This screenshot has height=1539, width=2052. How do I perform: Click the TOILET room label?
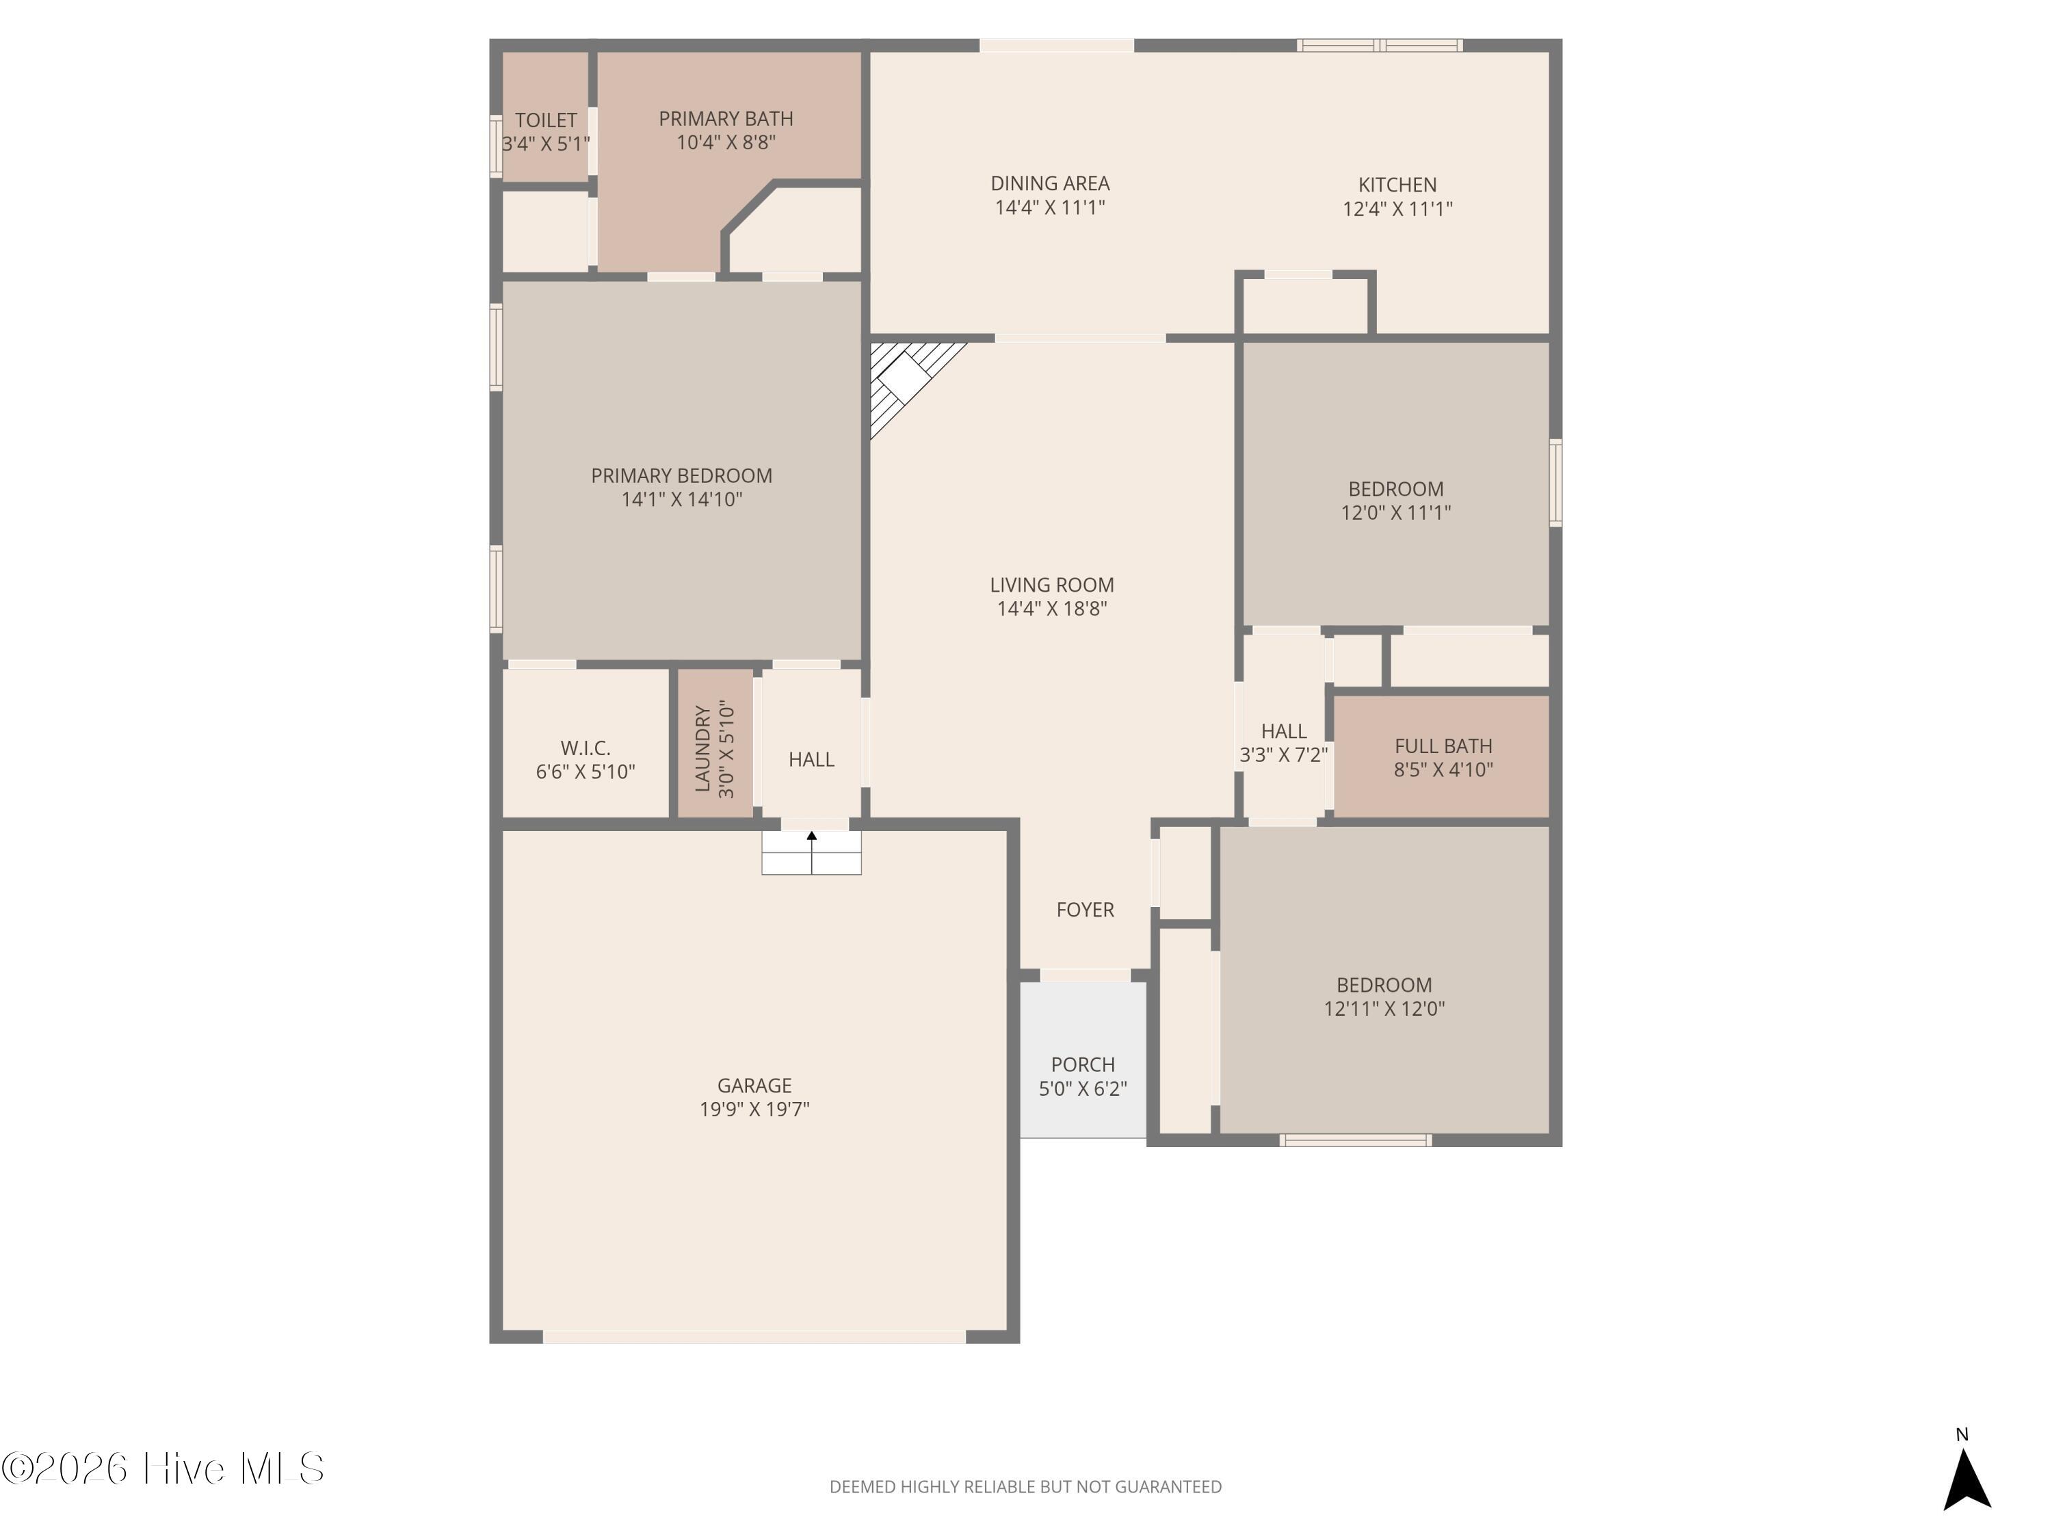pyautogui.click(x=545, y=120)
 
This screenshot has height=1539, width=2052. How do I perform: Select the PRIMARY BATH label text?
pyautogui.click(x=726, y=119)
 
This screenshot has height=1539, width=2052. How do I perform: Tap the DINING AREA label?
pyautogui.click(x=1050, y=184)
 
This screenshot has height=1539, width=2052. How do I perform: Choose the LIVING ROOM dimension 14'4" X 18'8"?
pyautogui.click(x=1052, y=609)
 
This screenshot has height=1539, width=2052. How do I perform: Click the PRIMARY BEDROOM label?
pyautogui.click(x=682, y=476)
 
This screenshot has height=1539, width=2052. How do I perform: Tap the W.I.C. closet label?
pyautogui.click(x=586, y=748)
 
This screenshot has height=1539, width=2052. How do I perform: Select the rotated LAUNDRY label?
pyautogui.click(x=702, y=748)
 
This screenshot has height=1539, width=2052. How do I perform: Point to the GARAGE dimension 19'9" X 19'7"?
pyautogui.click(x=754, y=1109)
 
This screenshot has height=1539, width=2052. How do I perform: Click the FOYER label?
pyautogui.click(x=1086, y=910)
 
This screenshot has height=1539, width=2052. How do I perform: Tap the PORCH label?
pyautogui.click(x=1083, y=1065)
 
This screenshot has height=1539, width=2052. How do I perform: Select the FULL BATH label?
pyautogui.click(x=1443, y=746)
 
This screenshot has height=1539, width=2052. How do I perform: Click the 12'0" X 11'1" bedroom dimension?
pyautogui.click(x=1396, y=512)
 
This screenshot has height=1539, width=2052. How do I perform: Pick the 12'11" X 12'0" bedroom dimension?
pyautogui.click(x=1384, y=1008)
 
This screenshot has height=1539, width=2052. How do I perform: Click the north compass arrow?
pyautogui.click(x=1967, y=1482)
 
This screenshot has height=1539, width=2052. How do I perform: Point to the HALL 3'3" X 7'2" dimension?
pyautogui.click(x=1284, y=755)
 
